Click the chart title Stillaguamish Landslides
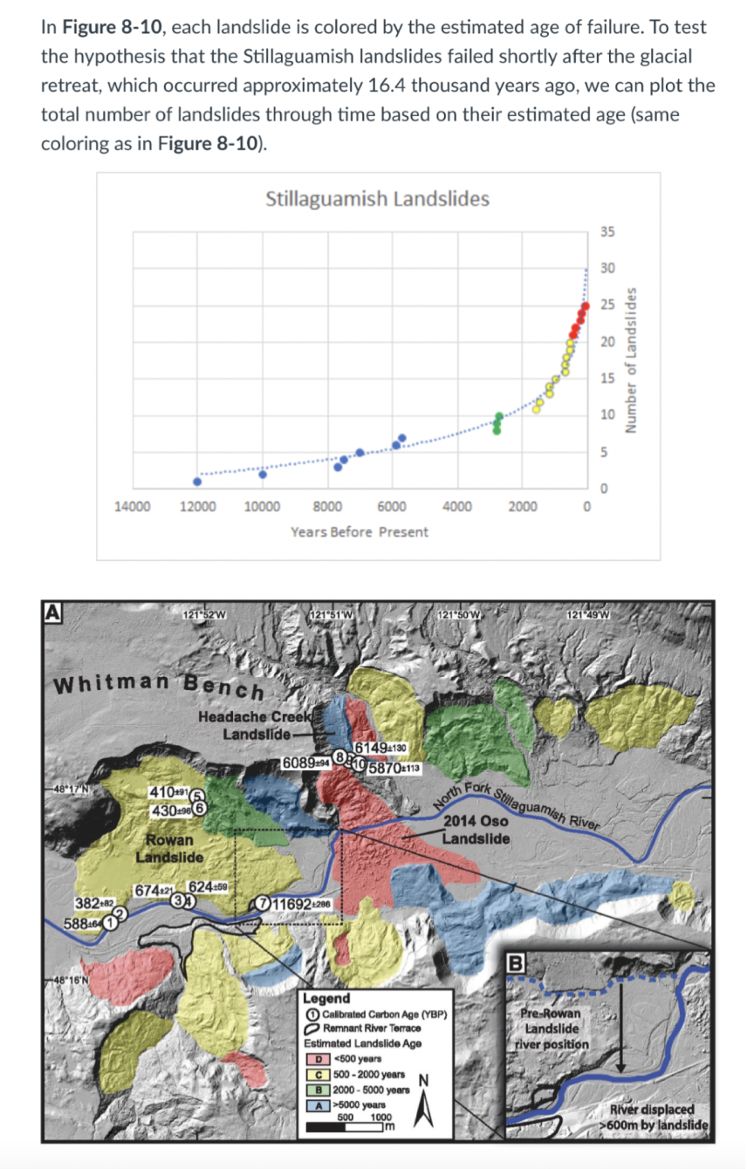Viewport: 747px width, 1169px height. pos(377,199)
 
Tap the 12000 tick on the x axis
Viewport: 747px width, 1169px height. pos(197,507)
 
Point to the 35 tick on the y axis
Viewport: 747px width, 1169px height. pos(608,232)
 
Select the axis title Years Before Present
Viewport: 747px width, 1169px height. pos(360,531)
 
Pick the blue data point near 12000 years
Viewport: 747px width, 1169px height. pos(197,481)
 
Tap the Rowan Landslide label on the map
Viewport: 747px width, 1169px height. pos(169,849)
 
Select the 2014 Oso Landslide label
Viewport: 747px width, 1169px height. pos(476,830)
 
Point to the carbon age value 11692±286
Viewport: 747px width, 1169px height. pos(302,903)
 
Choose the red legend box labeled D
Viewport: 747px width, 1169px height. pos(320,1059)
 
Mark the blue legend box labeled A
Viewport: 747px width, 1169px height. pos(320,1104)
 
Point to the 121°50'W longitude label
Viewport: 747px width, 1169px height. pos(462,611)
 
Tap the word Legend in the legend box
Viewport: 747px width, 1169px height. pos(326,998)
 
